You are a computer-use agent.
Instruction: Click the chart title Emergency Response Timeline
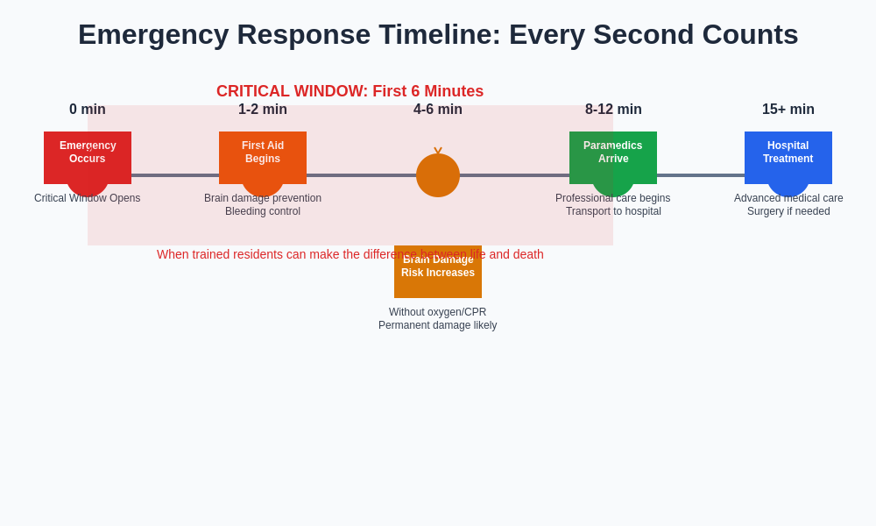(438, 34)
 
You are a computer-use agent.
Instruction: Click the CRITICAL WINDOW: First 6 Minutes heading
(350, 91)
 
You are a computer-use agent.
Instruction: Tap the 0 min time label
(88, 110)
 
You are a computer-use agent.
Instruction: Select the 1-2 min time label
(263, 110)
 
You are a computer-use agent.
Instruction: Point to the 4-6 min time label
(438, 110)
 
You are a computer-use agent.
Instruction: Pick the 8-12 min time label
(613, 110)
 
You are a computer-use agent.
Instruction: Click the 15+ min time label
(788, 110)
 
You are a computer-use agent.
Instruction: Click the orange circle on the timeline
(438, 175)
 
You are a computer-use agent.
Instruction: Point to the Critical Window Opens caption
(88, 198)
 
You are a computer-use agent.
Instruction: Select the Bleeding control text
(263, 211)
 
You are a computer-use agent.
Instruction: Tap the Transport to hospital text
(613, 211)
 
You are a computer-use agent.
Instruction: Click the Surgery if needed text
(788, 211)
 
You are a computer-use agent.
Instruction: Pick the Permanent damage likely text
(438, 325)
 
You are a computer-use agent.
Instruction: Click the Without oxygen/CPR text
(438, 312)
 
